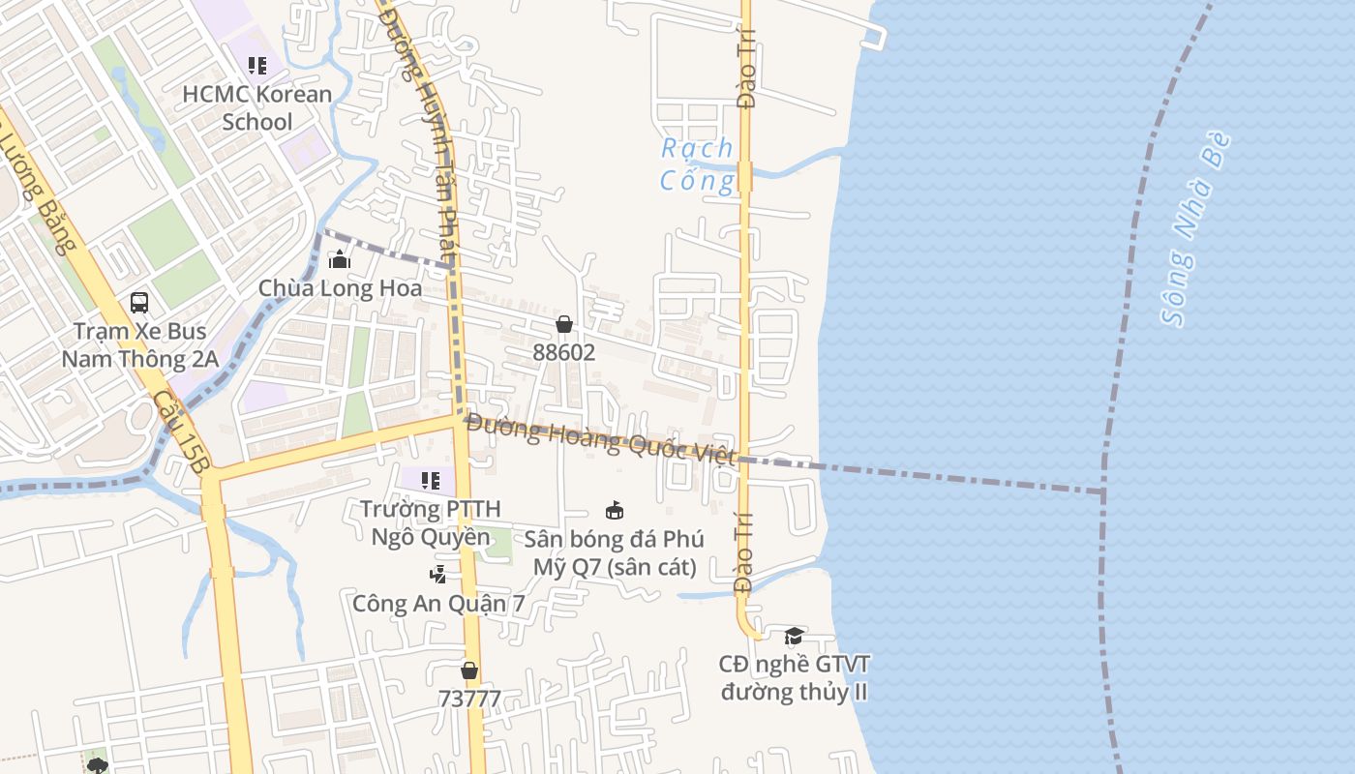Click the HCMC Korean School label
(x=256, y=107)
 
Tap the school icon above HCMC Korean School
(x=256, y=66)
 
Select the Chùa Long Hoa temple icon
(x=339, y=259)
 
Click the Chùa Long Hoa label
(x=340, y=288)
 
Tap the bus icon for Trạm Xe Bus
(x=139, y=303)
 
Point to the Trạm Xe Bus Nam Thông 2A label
(x=139, y=345)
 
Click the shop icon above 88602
(x=564, y=324)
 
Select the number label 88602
(x=564, y=352)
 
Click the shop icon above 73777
(x=469, y=670)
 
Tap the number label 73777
(x=469, y=699)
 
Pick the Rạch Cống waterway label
(x=697, y=164)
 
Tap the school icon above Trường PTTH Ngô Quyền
(x=431, y=480)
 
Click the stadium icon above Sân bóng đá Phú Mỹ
(x=614, y=510)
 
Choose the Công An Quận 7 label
(x=438, y=604)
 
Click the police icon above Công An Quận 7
(x=438, y=575)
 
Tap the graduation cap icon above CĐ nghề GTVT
(x=794, y=636)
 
